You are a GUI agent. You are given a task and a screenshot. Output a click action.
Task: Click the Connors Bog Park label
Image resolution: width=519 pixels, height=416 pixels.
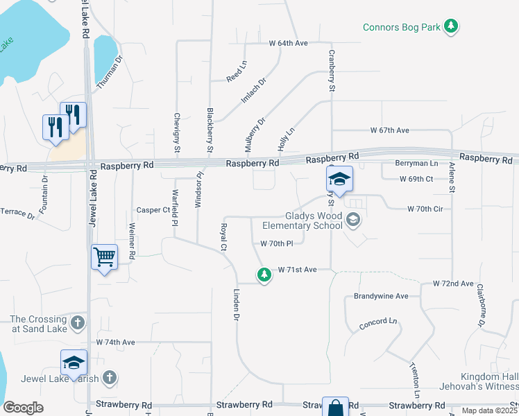(x=402, y=28)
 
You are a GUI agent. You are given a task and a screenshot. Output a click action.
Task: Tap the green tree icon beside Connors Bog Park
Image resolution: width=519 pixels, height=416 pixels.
(x=452, y=27)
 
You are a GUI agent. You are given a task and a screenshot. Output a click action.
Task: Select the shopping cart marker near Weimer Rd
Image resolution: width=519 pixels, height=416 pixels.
(x=105, y=258)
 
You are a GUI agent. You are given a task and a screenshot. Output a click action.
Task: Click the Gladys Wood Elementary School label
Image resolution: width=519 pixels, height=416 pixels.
(x=303, y=220)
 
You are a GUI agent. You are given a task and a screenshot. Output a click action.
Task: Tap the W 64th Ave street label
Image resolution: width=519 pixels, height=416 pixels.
(x=288, y=43)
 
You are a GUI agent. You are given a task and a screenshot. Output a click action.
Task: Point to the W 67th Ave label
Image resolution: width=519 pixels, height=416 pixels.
(x=390, y=130)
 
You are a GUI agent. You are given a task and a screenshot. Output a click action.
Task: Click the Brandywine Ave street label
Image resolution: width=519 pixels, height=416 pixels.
(x=381, y=295)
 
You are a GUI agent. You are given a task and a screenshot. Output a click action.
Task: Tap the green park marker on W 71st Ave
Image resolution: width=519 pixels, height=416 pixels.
(x=264, y=275)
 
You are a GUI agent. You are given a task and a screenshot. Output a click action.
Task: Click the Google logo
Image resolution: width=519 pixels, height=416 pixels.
(x=24, y=408)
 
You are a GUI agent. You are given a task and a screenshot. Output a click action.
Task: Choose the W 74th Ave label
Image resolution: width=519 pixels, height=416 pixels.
(x=115, y=343)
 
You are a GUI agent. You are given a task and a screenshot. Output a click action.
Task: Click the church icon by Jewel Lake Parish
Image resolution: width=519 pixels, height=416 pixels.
(x=109, y=378)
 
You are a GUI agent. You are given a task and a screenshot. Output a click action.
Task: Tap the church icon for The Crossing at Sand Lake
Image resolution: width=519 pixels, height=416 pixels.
(x=78, y=322)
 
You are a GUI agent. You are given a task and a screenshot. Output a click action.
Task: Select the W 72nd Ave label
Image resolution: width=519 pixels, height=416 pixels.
(x=453, y=284)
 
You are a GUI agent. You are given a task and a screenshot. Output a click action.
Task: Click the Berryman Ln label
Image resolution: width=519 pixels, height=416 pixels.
(x=416, y=164)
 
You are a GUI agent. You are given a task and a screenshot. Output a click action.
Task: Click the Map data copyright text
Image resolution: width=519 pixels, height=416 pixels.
(x=486, y=410)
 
